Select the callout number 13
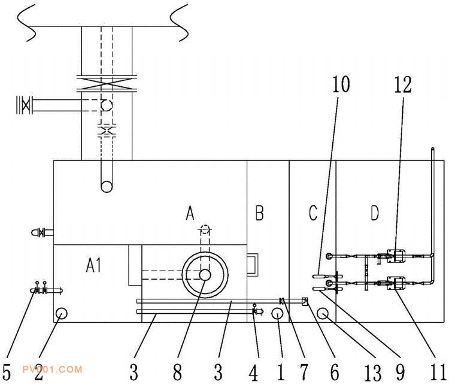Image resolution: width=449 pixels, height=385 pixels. coord(373,373)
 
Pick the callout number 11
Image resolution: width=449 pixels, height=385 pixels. coord(439,373)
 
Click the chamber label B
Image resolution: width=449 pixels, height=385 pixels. coord(260,213)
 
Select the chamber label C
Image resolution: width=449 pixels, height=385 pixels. coord(313,213)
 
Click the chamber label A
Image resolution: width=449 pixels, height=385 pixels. coord(190,213)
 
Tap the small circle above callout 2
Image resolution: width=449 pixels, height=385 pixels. coord(61,313)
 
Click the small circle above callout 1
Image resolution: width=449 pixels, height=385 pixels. coord(278,313)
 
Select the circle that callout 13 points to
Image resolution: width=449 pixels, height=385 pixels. coord(323,313)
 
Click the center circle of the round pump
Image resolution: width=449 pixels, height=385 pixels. coord(205,275)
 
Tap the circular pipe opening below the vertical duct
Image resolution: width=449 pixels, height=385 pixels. coord(107,186)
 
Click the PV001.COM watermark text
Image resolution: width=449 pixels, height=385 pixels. coord(51,369)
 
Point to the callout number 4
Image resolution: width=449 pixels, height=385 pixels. coord(254,373)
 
